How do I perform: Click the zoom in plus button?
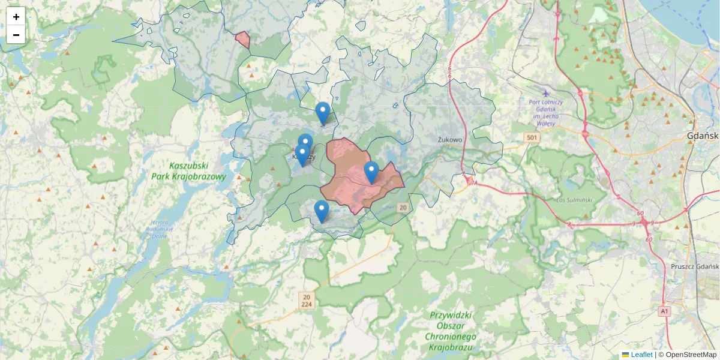click(16, 17)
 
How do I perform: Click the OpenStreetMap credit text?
click(691, 355)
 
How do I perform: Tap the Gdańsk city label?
click(703, 136)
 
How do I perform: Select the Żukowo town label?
click(450, 140)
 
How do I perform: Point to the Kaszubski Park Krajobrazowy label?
click(197, 171)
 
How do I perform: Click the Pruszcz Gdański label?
click(695, 266)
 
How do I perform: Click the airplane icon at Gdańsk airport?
click(545, 93)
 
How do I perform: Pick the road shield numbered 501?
click(531, 138)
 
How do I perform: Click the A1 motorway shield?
click(664, 311)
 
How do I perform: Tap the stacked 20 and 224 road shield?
click(307, 301)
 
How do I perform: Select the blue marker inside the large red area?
click(371, 172)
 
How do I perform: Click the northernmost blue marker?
click(323, 113)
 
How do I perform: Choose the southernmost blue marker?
click(322, 211)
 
